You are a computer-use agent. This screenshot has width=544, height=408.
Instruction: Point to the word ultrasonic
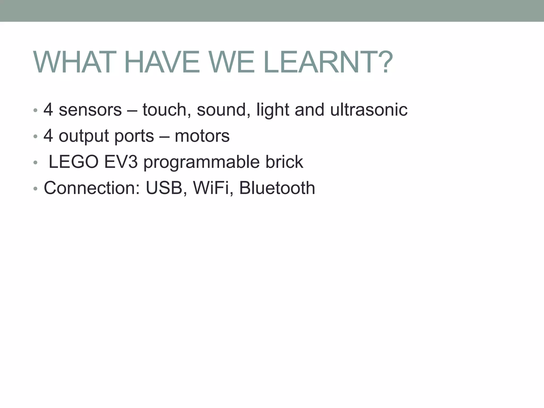point(369,110)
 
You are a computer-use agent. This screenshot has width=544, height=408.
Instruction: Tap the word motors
point(202,136)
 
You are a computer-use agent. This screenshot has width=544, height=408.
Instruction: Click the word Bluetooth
point(277,188)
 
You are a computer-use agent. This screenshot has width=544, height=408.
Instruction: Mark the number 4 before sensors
point(48,110)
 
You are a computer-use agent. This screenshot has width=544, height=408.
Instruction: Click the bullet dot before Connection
point(35,189)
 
